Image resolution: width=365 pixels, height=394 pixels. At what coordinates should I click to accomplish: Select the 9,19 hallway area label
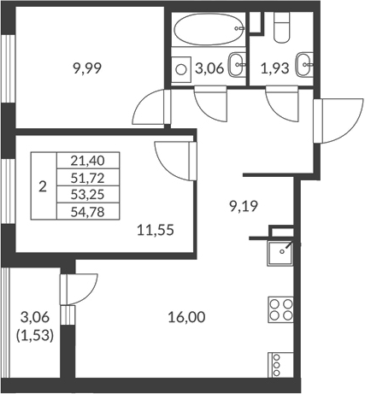(x=244, y=206)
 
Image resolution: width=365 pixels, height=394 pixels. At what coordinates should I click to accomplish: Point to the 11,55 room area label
(x=156, y=229)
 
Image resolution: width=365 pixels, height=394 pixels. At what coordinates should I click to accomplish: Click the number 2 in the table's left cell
(x=43, y=185)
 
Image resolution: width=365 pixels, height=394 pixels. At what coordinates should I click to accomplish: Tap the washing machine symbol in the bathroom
(x=181, y=68)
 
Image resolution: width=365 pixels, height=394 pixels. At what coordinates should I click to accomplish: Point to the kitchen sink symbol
(x=278, y=251)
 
